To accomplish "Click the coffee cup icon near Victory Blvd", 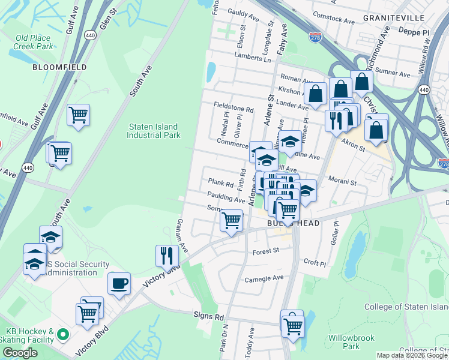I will coord(119,283).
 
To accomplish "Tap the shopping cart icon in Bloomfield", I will coord(79,114).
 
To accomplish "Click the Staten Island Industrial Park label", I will coord(154,131).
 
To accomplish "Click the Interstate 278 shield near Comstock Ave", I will coord(315,37).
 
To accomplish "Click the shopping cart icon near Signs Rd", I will coord(293,326).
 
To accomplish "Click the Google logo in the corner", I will coord(20,353).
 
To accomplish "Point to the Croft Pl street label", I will coord(315,263).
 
